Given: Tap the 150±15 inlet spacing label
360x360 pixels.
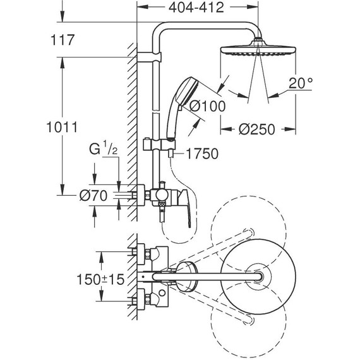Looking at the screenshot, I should [89, 279].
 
